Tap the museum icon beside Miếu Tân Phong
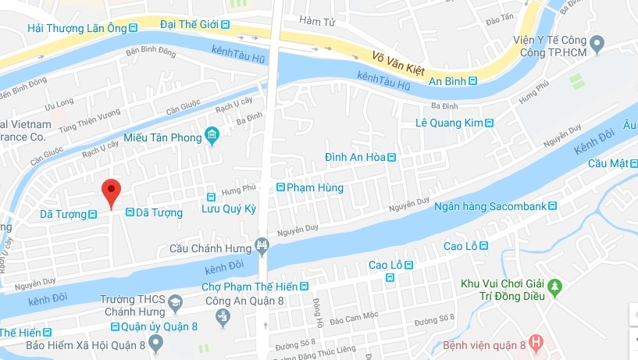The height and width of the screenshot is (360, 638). [212, 137]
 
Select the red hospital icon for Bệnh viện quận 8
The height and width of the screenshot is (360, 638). [536, 342]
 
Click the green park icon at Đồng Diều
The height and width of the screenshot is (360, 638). [555, 287]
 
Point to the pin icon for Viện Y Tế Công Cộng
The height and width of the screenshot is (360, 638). [598, 44]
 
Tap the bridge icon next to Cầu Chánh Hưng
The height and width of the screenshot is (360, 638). [262, 248]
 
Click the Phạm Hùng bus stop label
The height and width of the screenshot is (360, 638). [309, 187]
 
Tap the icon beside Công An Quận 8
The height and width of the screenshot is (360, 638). [224, 316]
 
